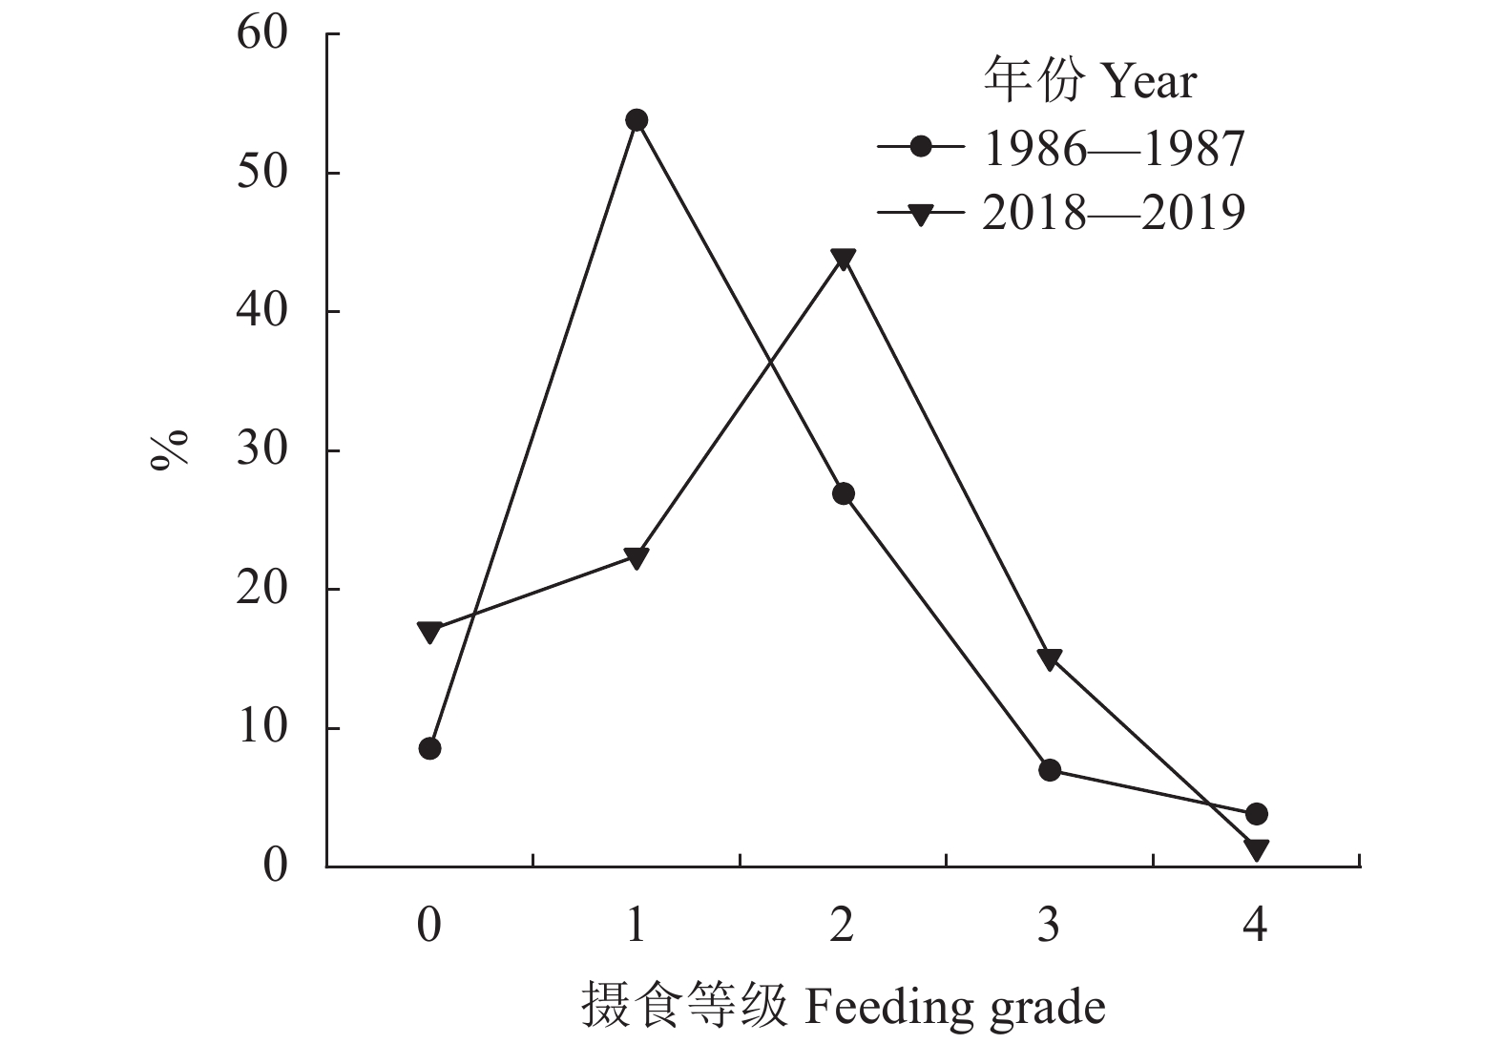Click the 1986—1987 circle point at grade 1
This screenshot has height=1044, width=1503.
[637, 120]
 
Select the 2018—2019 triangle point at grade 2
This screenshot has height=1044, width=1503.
[843, 259]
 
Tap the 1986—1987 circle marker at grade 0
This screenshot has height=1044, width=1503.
[429, 748]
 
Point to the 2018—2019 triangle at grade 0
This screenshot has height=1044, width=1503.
[429, 632]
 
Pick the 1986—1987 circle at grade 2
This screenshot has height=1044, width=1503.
[843, 493]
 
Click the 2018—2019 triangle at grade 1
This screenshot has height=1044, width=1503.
[637, 557]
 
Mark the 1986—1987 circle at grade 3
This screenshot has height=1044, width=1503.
[1050, 770]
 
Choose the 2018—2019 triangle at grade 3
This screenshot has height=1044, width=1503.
[1050, 658]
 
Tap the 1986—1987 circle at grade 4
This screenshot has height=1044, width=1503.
[1256, 814]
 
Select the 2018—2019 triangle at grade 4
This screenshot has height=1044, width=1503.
[1256, 848]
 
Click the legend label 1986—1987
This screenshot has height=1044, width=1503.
[1114, 149]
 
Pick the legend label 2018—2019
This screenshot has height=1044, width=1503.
[1114, 213]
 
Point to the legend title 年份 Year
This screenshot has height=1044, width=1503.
[1089, 81]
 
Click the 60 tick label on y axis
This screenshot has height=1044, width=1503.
[261, 34]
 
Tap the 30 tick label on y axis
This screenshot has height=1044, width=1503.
[261, 450]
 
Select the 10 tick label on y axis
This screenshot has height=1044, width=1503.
[261, 728]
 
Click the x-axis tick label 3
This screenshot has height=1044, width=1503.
[1049, 924]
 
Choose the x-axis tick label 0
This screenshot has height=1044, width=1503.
[429, 924]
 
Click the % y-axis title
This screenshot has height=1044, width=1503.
[170, 450]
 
